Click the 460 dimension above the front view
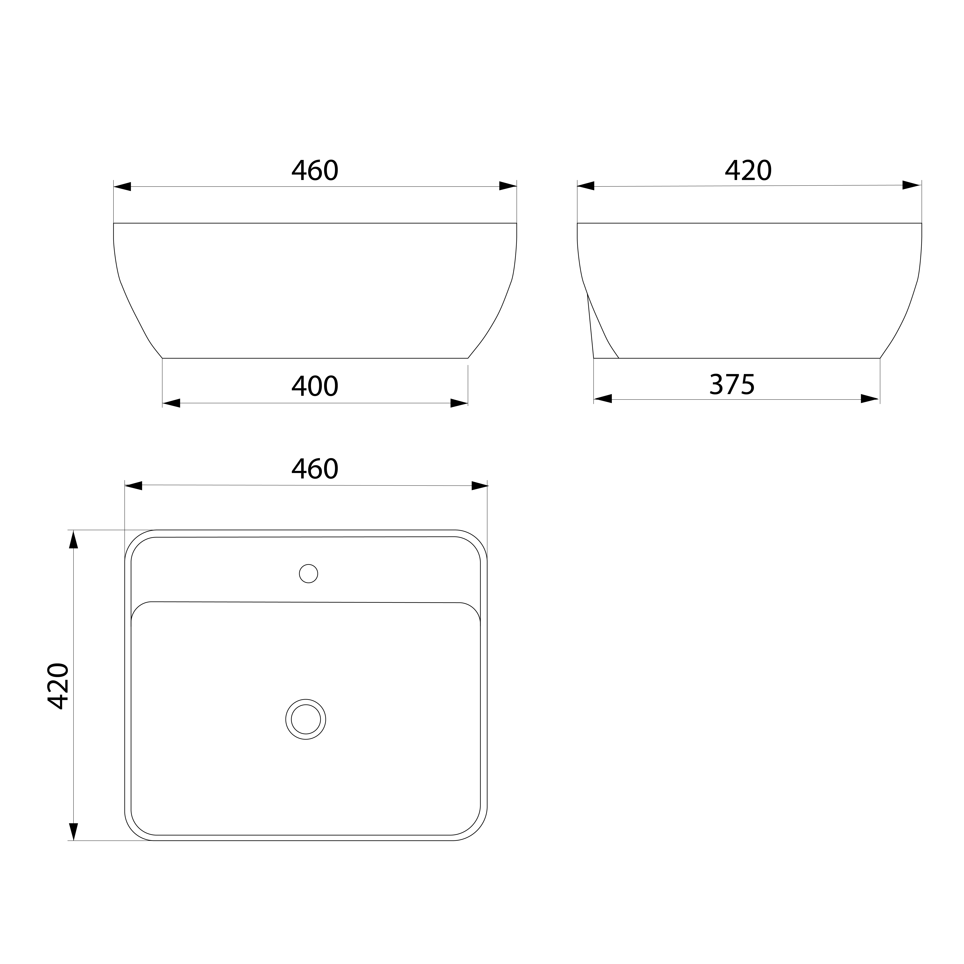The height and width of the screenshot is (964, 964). [315, 171]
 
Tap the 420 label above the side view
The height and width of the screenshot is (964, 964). [748, 171]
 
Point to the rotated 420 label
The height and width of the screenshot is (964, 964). [58, 686]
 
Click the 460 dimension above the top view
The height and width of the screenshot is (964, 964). [315, 469]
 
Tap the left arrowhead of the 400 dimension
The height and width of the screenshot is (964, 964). [171, 403]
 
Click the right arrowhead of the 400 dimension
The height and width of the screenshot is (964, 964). [459, 403]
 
